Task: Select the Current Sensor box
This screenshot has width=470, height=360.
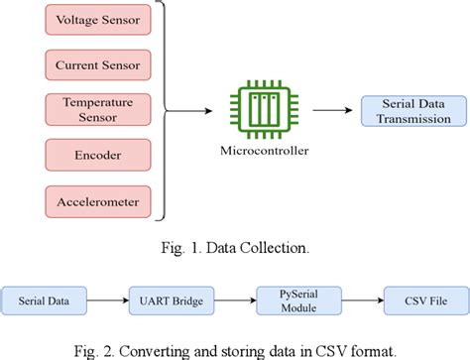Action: coord(97,64)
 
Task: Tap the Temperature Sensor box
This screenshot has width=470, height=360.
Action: coord(97,110)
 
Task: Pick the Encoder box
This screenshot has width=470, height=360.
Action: coord(97,156)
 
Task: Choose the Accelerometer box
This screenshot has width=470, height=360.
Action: coord(97,201)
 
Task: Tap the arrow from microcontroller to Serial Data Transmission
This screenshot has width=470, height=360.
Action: coord(328,111)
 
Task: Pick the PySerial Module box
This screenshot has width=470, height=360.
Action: coord(283,297)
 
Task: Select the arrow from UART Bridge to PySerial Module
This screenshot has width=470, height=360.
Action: coord(223,297)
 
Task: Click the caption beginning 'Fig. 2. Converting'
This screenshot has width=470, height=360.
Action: coord(234,346)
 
